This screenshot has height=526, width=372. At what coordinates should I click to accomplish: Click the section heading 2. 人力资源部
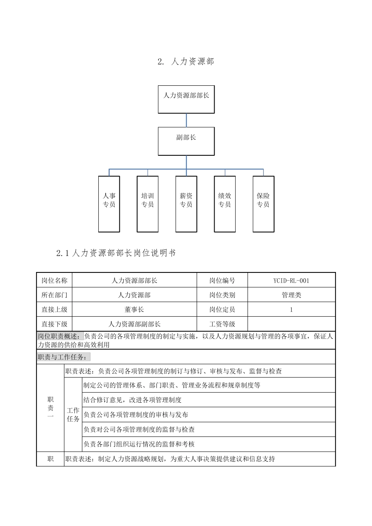186,61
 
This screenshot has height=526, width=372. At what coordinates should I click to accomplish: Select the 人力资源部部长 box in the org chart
186,99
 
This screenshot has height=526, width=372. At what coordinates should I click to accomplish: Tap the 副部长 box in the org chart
186,141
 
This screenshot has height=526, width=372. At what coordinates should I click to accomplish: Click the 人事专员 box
109,204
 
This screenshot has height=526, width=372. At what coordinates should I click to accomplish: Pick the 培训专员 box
148,204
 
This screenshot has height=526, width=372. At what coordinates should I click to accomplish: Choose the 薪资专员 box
186,204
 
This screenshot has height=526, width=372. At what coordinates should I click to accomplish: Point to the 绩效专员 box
225,204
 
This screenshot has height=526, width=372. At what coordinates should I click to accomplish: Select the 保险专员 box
263,204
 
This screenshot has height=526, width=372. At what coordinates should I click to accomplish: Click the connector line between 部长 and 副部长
186,120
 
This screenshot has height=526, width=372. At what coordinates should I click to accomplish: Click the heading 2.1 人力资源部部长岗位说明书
116,253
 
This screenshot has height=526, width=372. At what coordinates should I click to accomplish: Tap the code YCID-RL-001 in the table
291,281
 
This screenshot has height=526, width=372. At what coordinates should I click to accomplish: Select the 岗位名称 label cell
54,281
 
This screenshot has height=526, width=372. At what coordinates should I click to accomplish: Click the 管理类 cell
291,295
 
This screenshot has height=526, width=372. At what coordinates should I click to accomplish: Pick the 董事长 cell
134,310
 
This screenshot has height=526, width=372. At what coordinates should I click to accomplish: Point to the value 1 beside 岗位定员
291,310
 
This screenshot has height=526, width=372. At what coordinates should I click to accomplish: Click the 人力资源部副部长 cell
134,324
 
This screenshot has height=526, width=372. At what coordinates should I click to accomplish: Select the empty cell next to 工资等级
291,324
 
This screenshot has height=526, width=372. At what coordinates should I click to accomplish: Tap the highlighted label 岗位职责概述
60,336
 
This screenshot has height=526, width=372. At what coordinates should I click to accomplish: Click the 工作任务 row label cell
73,414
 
